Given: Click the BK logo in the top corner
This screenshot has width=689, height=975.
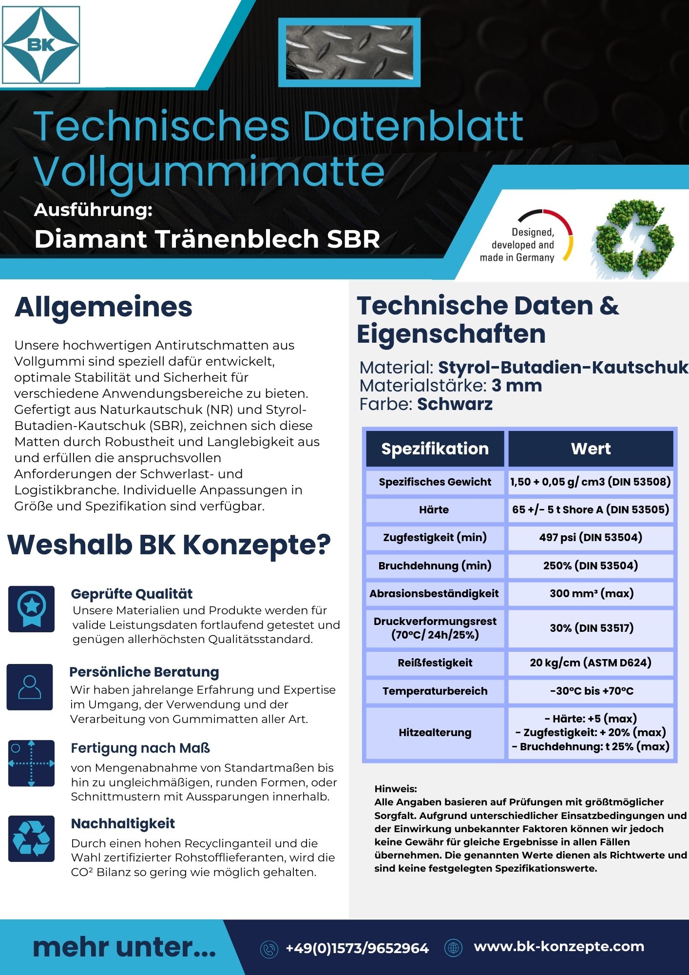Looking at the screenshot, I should pos(41,45).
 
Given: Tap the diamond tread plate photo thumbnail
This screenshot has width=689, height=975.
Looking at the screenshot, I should pos(349,52).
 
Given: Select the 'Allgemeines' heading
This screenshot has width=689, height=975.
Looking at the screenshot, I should pos(103,307).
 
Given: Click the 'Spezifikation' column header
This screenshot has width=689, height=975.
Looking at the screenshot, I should pos(435,448).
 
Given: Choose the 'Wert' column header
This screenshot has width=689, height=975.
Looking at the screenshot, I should pos(591,448).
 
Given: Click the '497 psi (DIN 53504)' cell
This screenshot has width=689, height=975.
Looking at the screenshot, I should pos(591,537).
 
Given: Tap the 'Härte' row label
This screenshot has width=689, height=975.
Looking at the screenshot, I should pos(434,509).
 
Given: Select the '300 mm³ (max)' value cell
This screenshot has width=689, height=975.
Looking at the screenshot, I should pos(591,593).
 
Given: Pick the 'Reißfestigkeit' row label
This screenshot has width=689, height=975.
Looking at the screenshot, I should pos(435,663).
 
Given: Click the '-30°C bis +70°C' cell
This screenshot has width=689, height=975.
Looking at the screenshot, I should pos(591,691).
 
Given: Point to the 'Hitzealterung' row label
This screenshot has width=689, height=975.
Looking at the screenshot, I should pos(435,732).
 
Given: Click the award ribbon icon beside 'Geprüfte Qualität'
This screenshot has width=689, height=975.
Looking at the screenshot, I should pos(32,609).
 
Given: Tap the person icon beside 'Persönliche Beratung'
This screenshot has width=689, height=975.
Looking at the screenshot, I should pos(30,687).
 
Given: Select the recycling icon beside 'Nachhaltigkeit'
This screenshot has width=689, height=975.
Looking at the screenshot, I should pos(32,838).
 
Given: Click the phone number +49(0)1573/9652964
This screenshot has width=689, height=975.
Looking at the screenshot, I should pos(357,948).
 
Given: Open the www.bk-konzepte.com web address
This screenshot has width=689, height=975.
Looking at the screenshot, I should pos(559,946).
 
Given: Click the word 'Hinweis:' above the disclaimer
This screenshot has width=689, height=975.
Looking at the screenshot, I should pos(395,789).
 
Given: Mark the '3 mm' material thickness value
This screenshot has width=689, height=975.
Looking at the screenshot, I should pos(517,386).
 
